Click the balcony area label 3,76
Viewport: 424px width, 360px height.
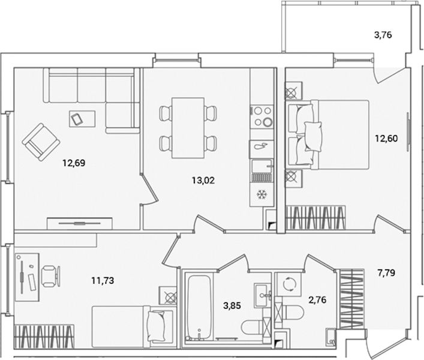383,35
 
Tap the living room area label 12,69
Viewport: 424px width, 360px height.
74,163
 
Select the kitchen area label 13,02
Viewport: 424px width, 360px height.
203,180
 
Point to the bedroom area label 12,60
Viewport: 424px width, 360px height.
386,139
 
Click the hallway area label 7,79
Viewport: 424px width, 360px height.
386,273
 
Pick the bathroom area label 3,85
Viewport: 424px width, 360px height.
232,305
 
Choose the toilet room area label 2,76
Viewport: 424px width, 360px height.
317,299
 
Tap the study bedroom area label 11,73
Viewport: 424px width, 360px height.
103,281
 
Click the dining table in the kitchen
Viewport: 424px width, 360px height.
188,128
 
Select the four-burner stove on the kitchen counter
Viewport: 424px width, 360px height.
261,116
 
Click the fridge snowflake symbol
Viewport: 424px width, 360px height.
261,194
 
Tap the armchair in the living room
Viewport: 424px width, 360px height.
41,142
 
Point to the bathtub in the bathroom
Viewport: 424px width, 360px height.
199,308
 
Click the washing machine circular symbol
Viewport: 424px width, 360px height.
289,284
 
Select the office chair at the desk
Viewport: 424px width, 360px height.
51,276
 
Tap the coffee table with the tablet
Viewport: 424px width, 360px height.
82,119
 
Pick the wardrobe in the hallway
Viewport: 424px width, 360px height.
351,299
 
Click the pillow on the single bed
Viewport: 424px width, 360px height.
156,326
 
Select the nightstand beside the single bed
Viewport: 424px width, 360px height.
168,296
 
